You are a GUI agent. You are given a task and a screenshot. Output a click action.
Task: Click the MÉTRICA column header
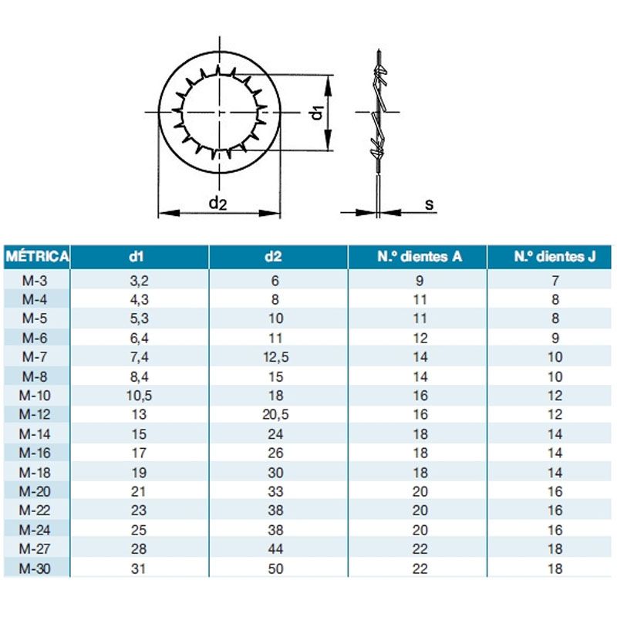coord(37,257)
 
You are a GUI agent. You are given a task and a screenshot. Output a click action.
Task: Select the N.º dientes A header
coord(420,257)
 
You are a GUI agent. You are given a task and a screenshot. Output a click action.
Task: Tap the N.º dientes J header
coord(555,257)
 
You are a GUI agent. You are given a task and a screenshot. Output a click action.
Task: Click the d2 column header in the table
coord(273,257)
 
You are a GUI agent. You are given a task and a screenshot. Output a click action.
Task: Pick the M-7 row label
coord(35,357)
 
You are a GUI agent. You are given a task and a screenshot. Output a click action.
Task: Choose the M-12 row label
coord(35,414)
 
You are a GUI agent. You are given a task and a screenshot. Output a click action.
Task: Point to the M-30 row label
coord(35,568)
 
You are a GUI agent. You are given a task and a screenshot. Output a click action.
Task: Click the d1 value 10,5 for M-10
coord(139,396)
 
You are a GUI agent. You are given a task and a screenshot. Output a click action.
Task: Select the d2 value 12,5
coord(275,357)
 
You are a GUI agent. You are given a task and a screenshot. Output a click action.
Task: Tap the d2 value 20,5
coord(275,415)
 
